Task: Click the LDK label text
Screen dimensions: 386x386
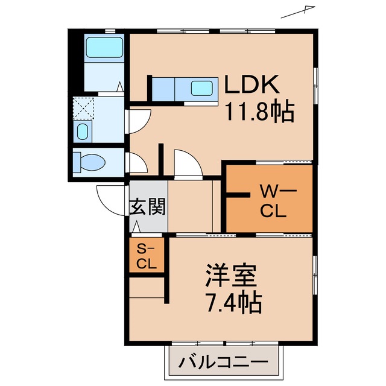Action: [x=253, y=85]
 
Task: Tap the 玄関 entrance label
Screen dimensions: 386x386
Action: [x=147, y=207]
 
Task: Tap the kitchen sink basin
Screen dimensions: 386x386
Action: [x=202, y=88]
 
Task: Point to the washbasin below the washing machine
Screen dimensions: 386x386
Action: [x=82, y=131]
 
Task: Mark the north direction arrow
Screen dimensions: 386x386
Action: [x=300, y=11]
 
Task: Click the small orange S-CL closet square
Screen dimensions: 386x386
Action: [x=147, y=256]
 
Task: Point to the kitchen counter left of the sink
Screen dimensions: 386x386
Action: [x=162, y=89]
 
